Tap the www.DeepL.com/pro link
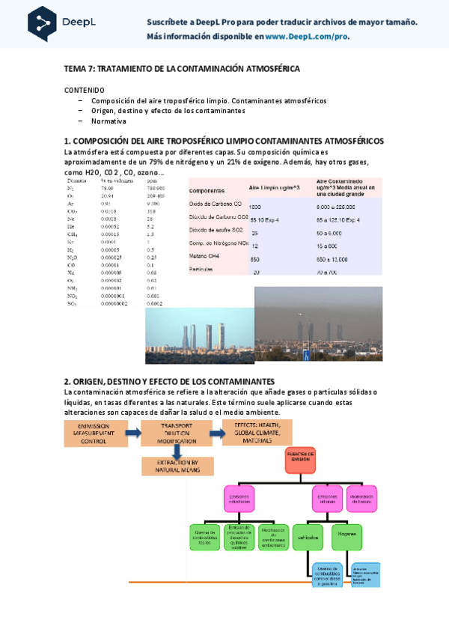pyautogui.click(x=307, y=36)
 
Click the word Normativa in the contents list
pyautogui.click(x=109, y=121)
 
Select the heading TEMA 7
pyautogui.click(x=182, y=68)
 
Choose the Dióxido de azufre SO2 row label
pyautogui.click(x=222, y=232)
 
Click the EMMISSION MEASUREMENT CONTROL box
pyautogui.click(x=93, y=434)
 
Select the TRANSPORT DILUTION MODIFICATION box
pyautogui.click(x=177, y=434)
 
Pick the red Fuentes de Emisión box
pyautogui.click(x=302, y=458)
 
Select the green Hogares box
pyautogui.click(x=346, y=536)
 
